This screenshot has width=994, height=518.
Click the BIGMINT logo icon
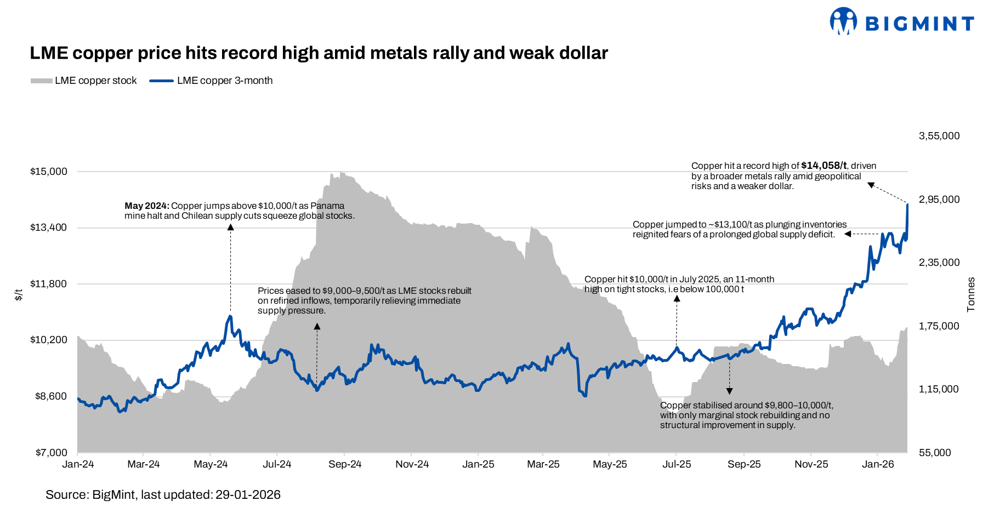[843, 21]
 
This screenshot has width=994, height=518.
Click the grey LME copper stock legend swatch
[41, 81]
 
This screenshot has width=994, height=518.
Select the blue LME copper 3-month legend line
[161, 81]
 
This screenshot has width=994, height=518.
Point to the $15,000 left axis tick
[49, 172]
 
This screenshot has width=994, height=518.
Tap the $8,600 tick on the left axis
[51, 396]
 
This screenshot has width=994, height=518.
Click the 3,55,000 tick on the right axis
[939, 136]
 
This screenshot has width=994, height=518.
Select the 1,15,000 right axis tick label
[939, 389]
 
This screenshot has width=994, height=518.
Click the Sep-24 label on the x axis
[345, 464]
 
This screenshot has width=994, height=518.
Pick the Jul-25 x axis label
[677, 464]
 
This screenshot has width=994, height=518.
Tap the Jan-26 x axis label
[878, 464]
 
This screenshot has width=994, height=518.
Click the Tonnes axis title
[971, 295]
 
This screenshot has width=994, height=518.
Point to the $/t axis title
[19, 295]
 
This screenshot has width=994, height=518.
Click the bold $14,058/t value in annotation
[823, 166]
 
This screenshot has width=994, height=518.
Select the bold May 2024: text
[146, 206]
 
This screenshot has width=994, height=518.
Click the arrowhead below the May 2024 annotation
[230, 227]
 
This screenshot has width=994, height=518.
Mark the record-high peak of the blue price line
[907, 204]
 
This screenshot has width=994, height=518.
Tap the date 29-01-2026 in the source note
[248, 495]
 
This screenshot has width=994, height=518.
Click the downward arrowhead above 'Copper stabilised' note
[729, 391]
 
